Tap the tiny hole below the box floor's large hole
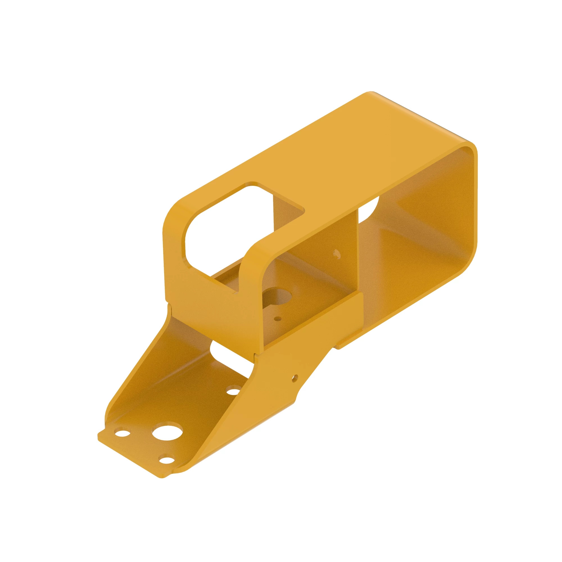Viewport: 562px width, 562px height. [278, 319]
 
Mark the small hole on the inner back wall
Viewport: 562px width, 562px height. [337, 254]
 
